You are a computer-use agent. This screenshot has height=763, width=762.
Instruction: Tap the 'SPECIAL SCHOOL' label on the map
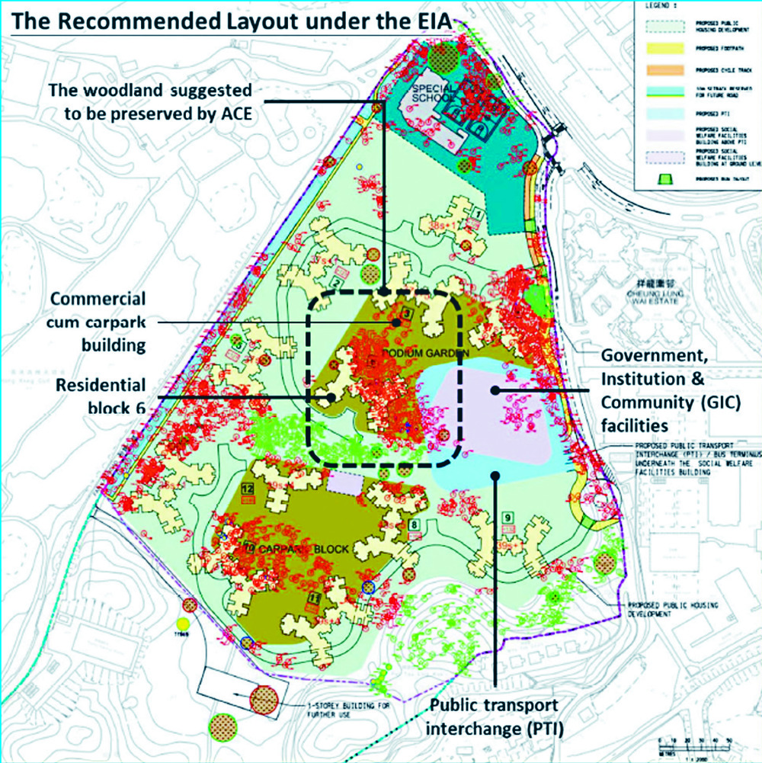[x=434, y=96]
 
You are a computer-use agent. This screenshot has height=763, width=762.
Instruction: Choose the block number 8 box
[x=414, y=525]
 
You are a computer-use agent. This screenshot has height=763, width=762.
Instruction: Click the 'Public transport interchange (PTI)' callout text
[x=495, y=718]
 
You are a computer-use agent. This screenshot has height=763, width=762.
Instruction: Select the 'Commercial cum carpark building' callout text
[x=98, y=322]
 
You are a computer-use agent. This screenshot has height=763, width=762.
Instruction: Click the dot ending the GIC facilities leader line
[x=495, y=390]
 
